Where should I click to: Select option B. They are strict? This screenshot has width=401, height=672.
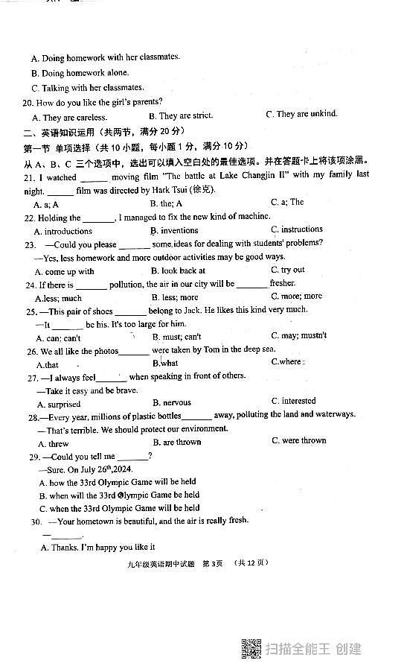pos(181,116)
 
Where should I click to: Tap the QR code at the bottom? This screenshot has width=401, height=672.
pos(251,649)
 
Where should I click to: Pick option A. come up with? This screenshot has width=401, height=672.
pos(65,272)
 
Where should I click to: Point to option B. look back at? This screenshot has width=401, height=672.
pos(178,271)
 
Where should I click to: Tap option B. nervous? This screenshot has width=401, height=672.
pos(171,403)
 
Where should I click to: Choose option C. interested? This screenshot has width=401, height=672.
pos(293,401)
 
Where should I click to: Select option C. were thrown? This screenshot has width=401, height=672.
pos(298,440)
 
